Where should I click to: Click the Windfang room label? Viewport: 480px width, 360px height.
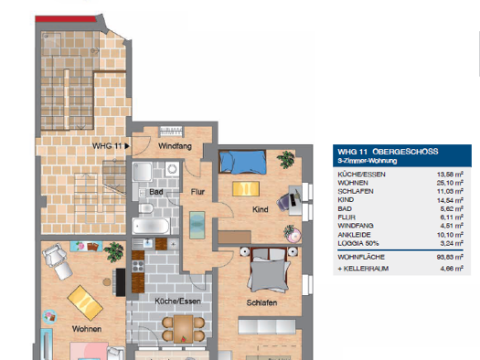(174, 146)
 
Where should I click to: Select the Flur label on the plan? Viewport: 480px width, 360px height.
(197, 192)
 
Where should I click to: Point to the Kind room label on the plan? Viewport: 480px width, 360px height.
(259, 210)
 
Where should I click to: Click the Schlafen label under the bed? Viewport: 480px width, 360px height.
(261, 302)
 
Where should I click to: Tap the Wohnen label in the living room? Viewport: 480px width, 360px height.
(87, 329)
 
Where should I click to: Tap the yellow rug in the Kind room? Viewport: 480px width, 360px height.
(246, 188)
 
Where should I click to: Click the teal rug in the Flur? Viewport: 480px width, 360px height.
(197, 224)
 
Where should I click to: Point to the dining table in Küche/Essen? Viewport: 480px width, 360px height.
(184, 326)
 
